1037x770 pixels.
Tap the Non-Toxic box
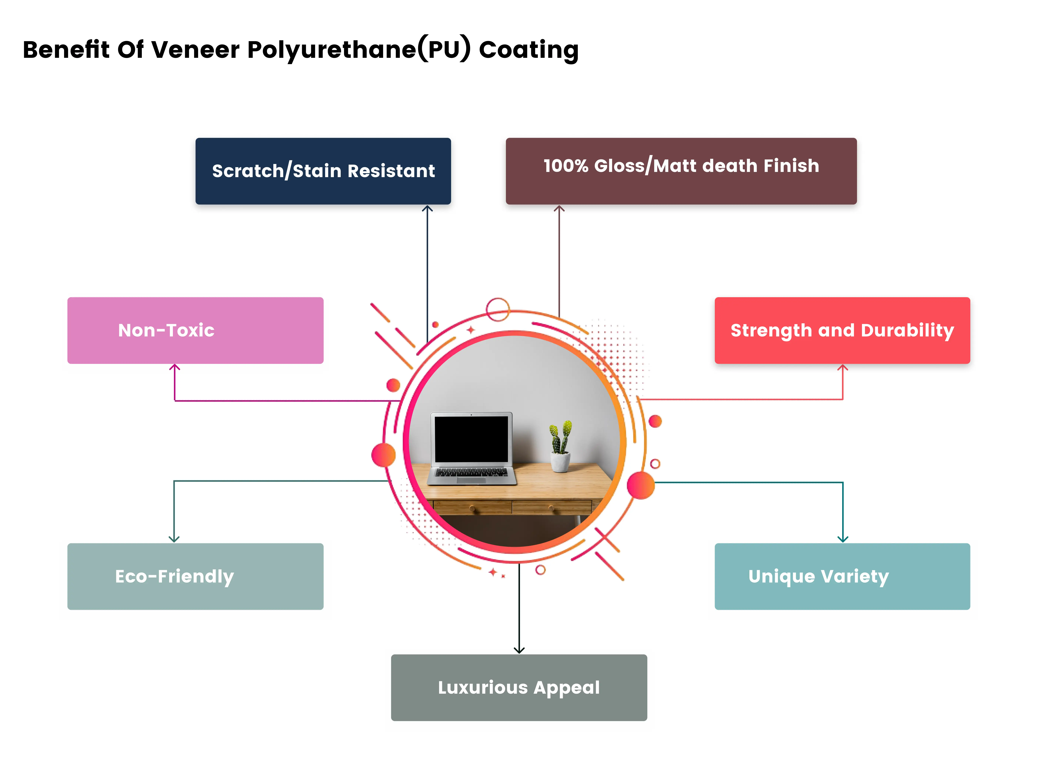pos(195,331)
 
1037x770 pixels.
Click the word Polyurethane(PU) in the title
pos(359,50)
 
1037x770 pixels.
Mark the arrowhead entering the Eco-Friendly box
pos(174,539)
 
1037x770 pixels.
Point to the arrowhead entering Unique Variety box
pos(842,539)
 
